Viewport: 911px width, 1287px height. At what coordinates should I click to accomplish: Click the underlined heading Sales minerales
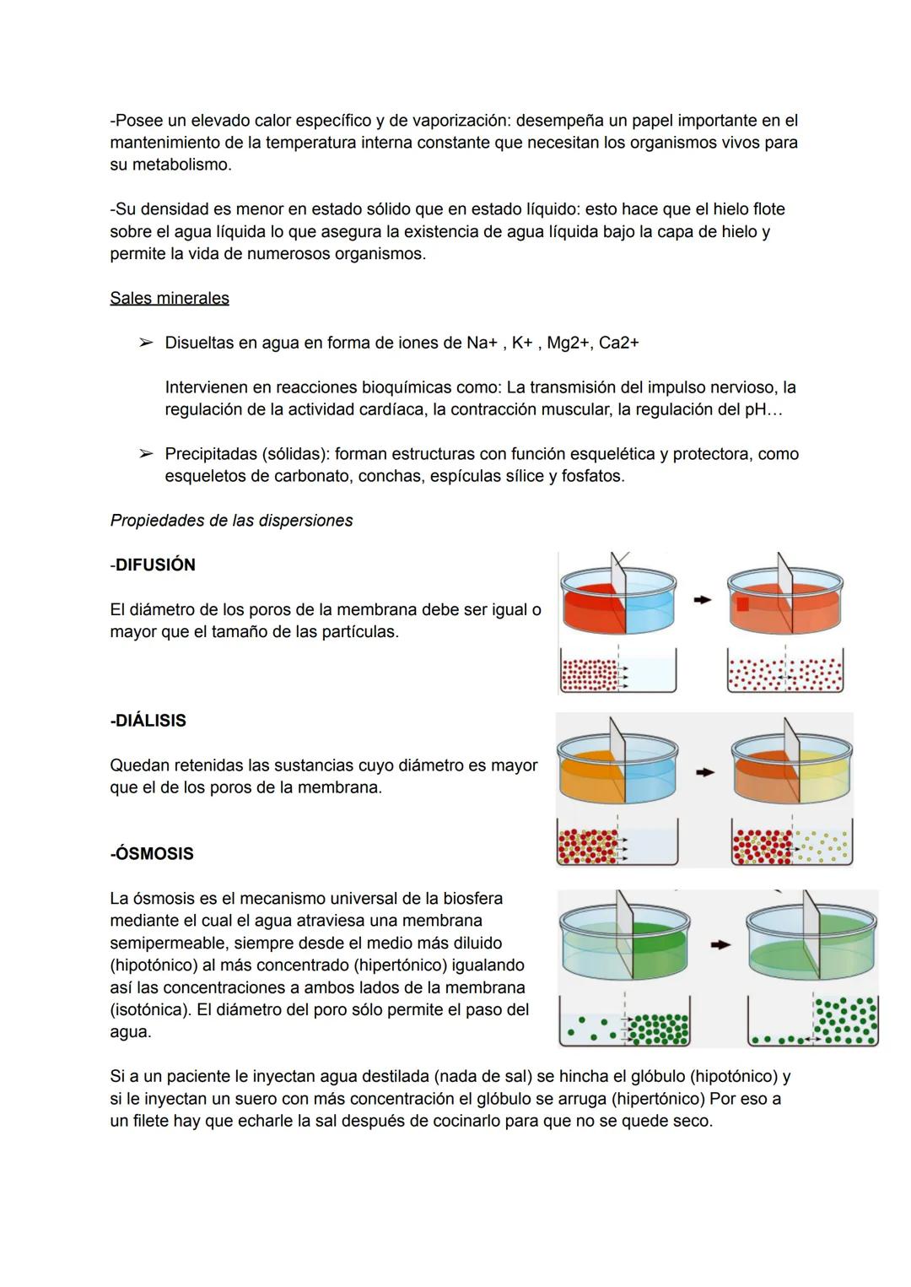(169, 298)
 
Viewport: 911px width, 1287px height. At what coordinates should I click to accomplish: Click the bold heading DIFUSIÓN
(154, 565)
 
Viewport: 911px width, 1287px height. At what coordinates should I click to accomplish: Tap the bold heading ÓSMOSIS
(154, 853)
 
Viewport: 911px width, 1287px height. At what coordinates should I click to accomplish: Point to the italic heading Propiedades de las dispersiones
(231, 520)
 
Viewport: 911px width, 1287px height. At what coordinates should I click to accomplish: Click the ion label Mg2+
(568, 343)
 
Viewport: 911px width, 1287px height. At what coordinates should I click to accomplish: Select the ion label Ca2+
(618, 343)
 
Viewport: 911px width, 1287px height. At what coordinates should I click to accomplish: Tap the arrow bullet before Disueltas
(146, 343)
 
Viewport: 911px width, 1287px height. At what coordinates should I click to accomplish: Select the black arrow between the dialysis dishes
(704, 771)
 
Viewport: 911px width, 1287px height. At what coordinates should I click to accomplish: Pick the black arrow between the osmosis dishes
(719, 945)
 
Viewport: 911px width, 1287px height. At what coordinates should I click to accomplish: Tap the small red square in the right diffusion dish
(742, 603)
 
